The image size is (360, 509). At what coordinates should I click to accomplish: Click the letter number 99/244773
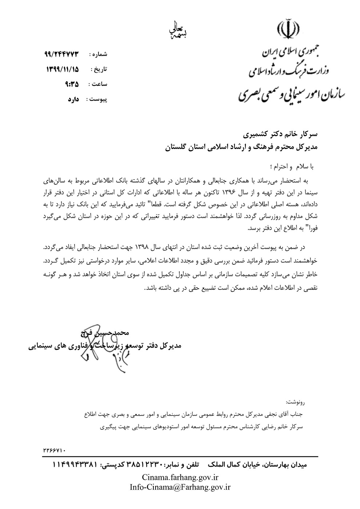[x=62, y=55]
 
